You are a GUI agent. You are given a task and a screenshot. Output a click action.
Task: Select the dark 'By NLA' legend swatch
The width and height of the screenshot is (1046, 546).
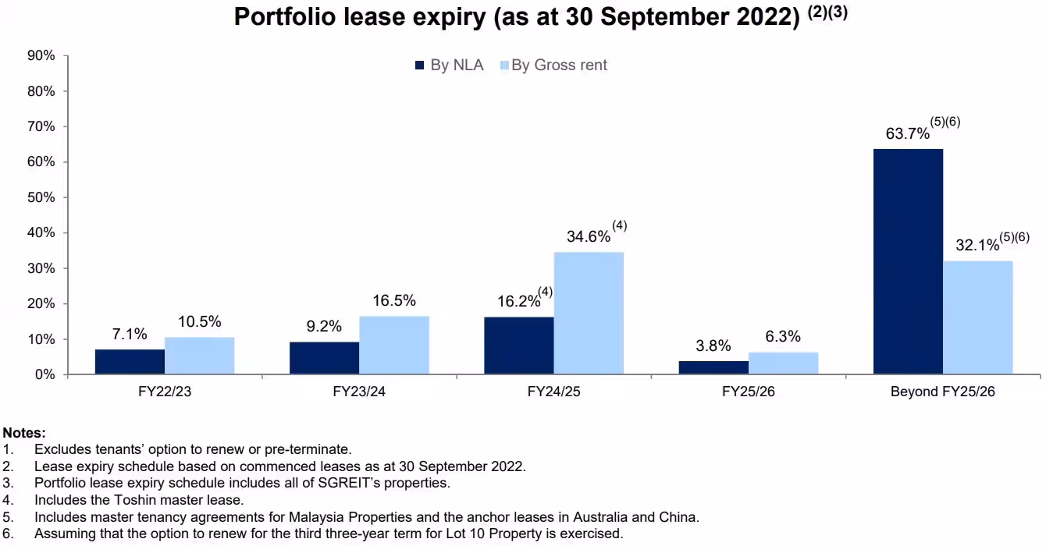pos(420,66)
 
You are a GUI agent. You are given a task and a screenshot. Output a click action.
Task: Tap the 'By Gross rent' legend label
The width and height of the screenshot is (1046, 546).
pos(559,66)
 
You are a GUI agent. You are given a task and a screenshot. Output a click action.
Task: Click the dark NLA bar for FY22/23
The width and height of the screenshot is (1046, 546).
pos(130,362)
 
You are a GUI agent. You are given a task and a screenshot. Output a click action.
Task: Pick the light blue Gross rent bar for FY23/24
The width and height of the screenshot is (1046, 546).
pos(394,345)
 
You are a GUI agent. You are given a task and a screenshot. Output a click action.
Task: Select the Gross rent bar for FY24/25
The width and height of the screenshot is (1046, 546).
pos(589,313)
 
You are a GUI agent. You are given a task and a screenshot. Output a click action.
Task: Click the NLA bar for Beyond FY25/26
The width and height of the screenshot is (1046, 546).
pos(908,261)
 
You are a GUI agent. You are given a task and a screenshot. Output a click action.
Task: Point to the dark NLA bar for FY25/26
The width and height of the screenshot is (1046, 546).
pos(713,367)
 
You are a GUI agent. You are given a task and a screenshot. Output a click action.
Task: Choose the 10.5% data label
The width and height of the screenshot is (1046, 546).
pos(201,322)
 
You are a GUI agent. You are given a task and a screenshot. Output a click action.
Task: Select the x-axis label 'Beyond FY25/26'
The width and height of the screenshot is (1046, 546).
pos(943,392)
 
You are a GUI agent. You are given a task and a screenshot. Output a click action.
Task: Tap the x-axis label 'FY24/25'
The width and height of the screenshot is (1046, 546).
pos(553,392)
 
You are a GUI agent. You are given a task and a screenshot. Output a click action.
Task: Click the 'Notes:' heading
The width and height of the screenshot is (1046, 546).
pos(24,432)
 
